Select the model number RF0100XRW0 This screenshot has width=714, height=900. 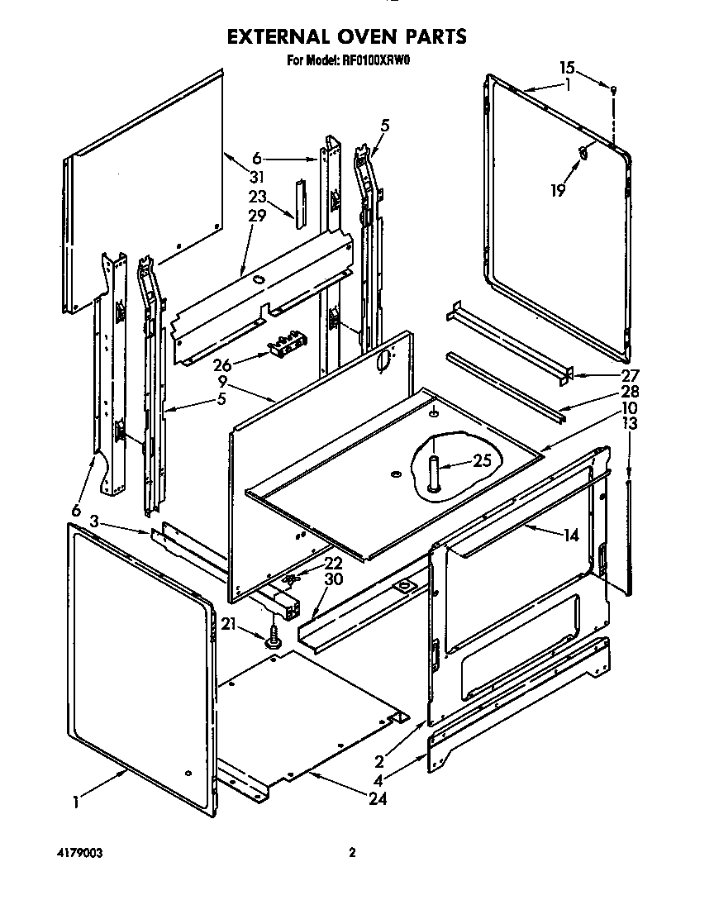tap(376, 60)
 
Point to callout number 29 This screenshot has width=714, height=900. tap(257, 216)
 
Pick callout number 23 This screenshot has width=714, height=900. tap(257, 197)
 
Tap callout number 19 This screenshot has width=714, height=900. tap(558, 190)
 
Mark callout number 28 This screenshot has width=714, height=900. tap(609, 391)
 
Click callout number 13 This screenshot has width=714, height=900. tap(630, 425)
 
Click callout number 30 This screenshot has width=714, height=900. tap(333, 579)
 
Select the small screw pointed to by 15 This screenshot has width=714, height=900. tap(612, 89)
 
